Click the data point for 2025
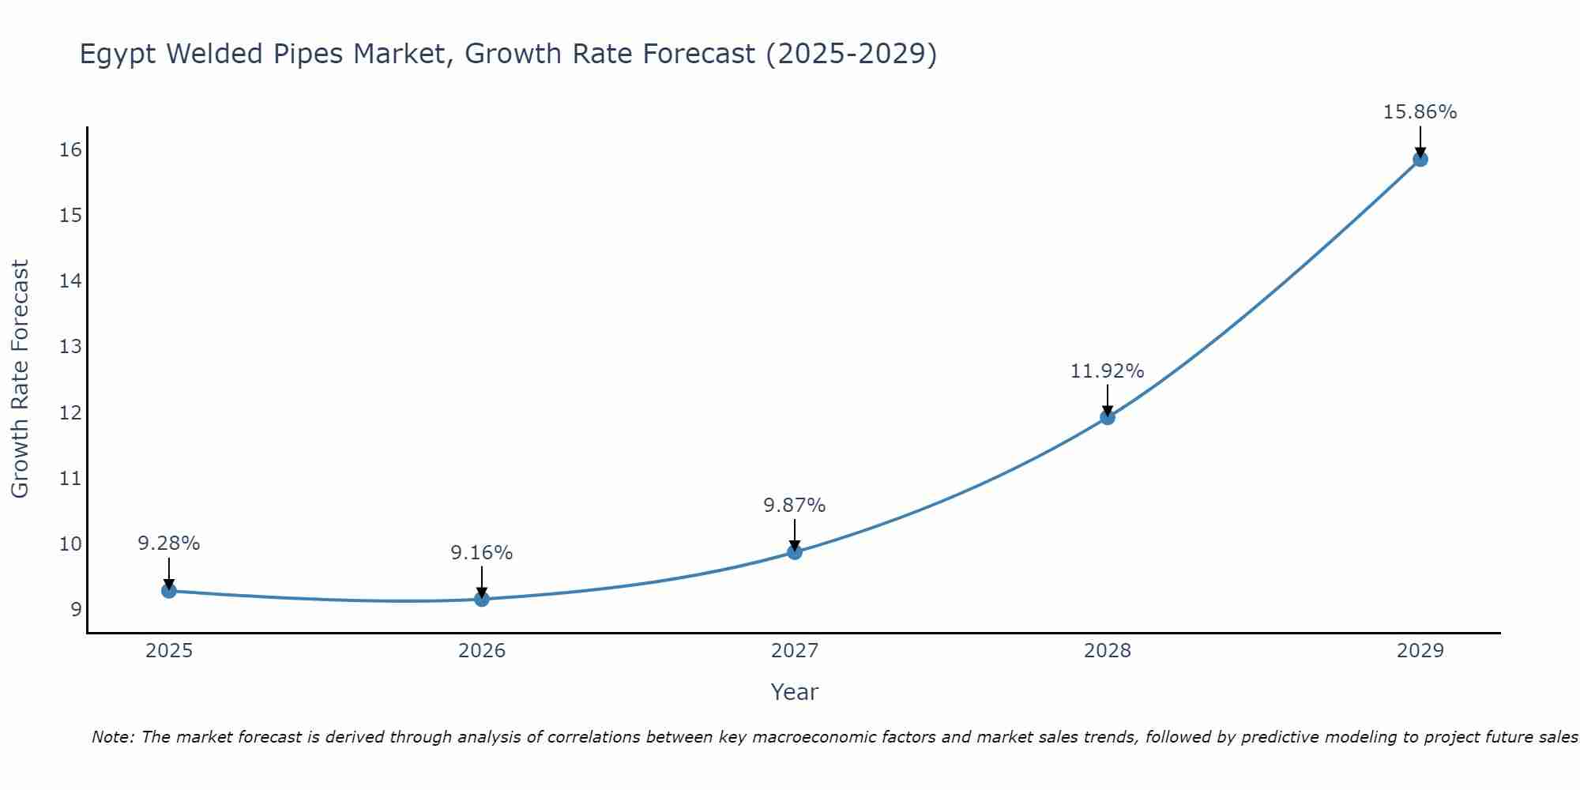tap(168, 590)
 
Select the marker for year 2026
tap(482, 599)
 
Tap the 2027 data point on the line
tap(795, 551)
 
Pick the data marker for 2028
tap(1108, 417)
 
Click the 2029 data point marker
tap(1420, 159)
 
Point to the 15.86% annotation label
tap(1420, 112)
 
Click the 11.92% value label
tap(1107, 371)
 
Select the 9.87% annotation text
tap(794, 505)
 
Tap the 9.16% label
tap(481, 553)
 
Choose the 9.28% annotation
tap(168, 544)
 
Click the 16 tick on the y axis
tap(70, 149)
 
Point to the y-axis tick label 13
tap(70, 346)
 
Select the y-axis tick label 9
tap(76, 609)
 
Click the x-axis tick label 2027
tap(795, 651)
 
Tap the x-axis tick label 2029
tap(1420, 651)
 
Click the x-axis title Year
tap(794, 692)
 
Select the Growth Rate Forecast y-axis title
tap(20, 378)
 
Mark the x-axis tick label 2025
tap(169, 651)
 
